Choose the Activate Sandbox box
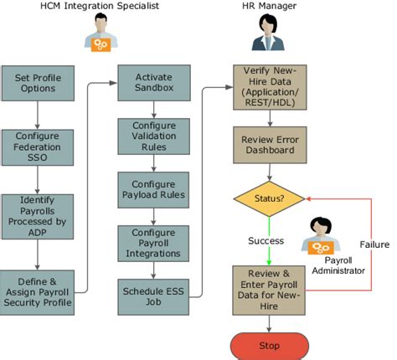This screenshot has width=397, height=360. point(147,84)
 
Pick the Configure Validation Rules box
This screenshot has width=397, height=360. point(147,136)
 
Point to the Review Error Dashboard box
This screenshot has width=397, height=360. point(270,146)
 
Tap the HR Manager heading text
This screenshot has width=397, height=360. point(268,8)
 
